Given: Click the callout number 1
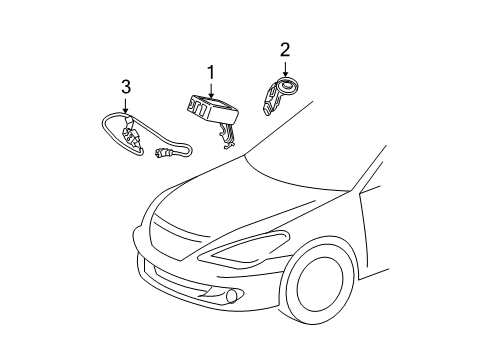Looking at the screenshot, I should tap(211, 72).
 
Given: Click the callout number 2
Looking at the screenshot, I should tap(285, 49).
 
